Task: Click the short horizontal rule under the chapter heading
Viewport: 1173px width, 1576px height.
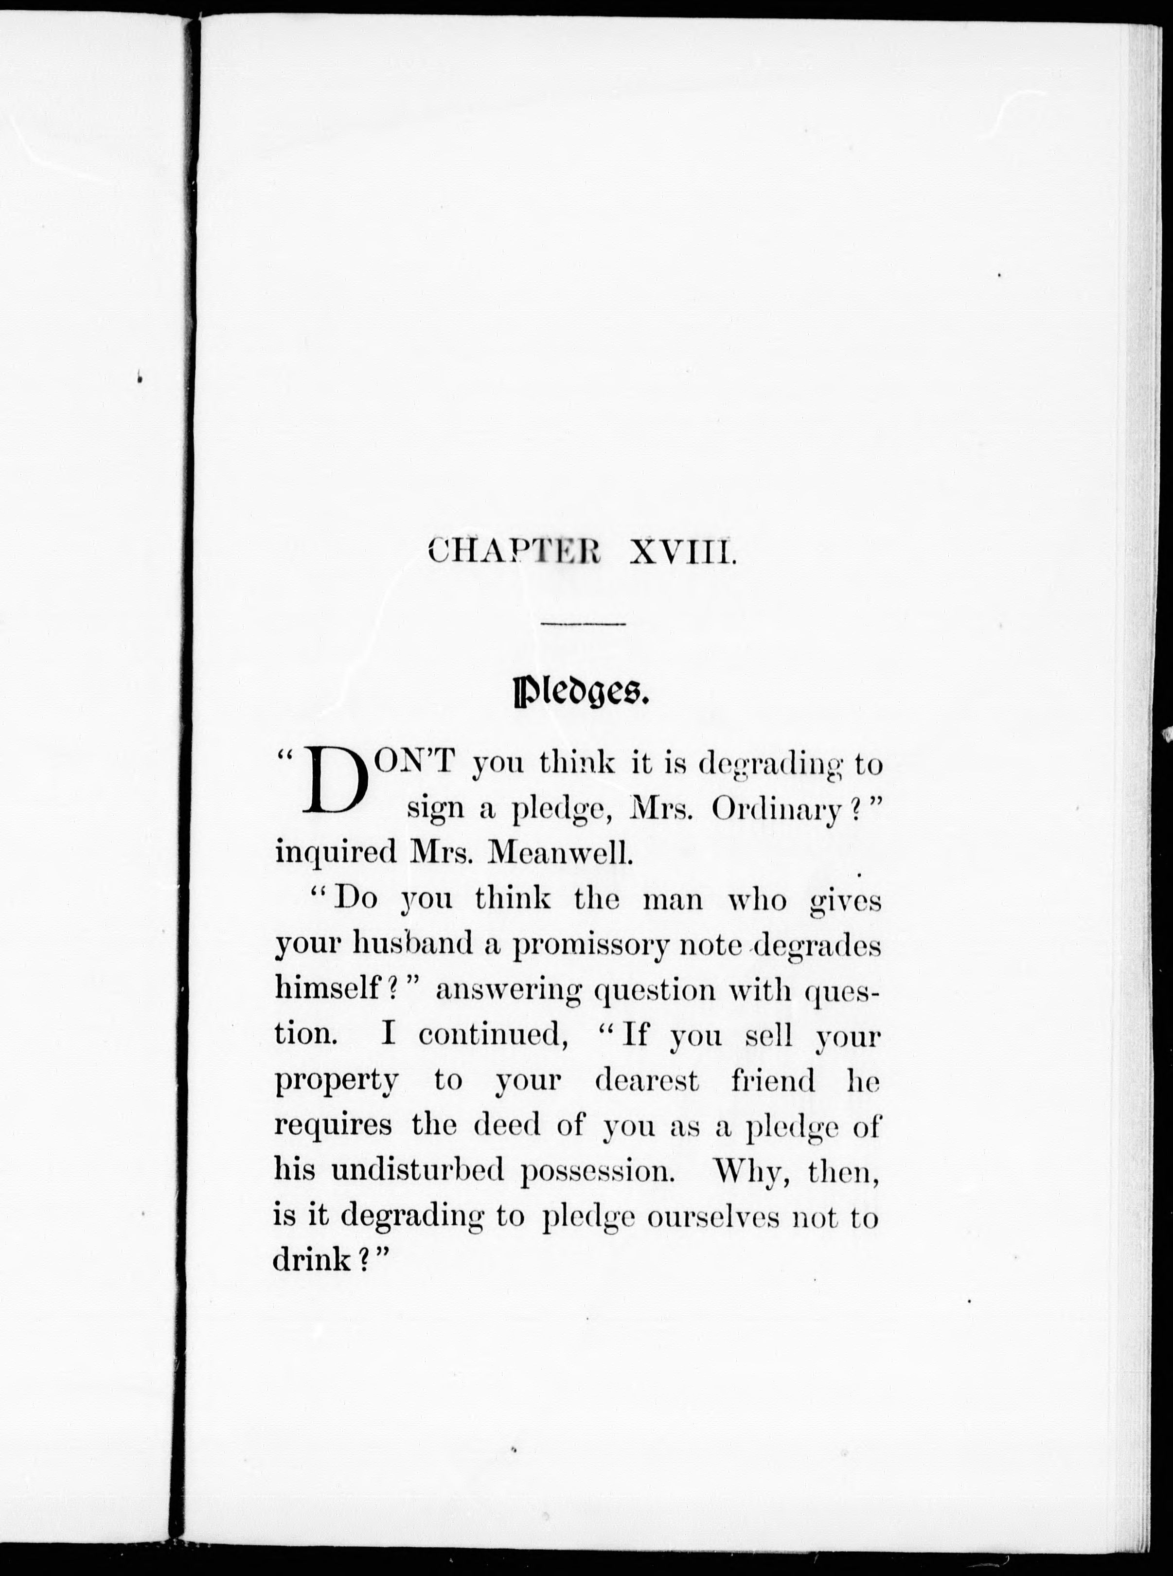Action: (582, 624)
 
